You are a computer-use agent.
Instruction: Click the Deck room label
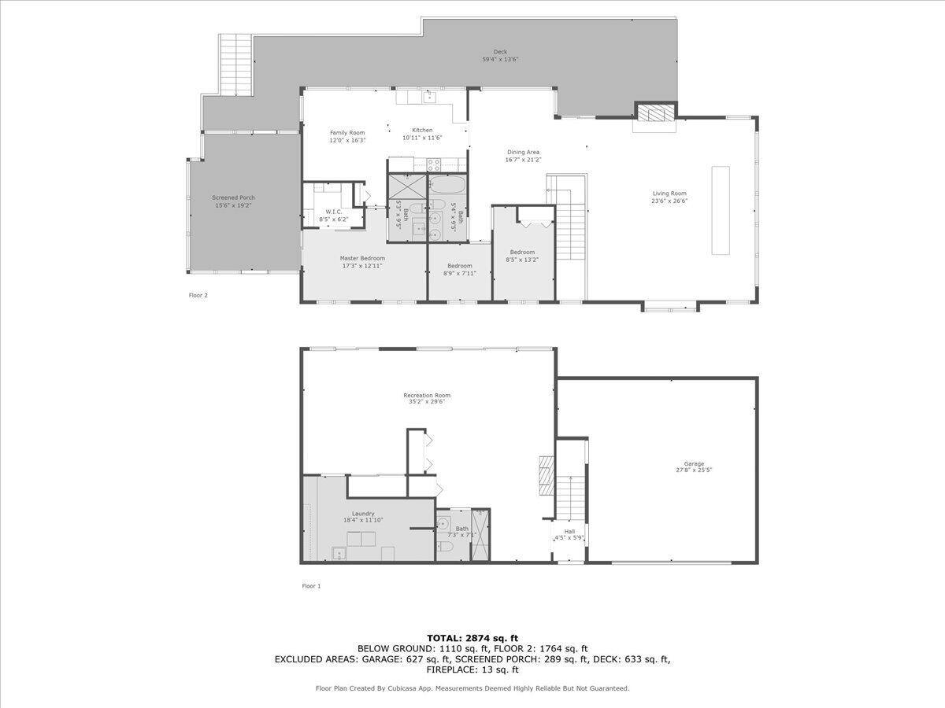point(500,52)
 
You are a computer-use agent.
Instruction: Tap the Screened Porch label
point(233,197)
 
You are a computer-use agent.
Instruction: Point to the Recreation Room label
point(427,396)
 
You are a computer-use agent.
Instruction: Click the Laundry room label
point(363,514)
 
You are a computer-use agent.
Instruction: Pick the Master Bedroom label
point(362,258)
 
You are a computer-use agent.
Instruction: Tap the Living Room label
point(669,194)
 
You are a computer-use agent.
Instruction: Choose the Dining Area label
point(523,153)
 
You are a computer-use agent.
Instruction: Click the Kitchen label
point(422,131)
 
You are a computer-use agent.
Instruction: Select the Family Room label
point(347,133)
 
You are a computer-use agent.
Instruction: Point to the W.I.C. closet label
point(332,212)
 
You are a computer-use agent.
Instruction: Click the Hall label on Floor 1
point(569,532)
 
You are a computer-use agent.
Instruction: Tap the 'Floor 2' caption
point(198,295)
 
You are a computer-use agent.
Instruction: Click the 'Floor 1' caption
point(311,586)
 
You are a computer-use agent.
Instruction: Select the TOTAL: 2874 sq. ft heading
point(472,638)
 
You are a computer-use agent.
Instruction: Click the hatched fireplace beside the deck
point(656,114)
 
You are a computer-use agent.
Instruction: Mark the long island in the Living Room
point(721,210)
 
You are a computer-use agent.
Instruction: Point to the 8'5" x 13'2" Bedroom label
point(522,253)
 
